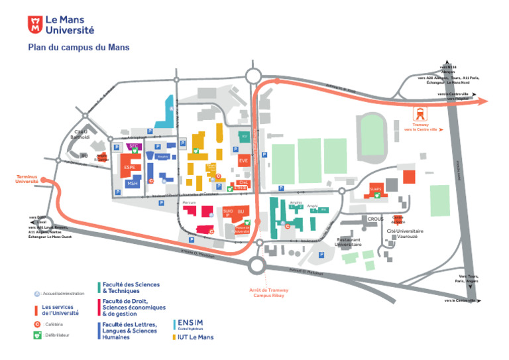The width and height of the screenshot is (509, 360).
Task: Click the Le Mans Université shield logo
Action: click(34, 25)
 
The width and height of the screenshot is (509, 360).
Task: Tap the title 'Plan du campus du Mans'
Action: click(78, 47)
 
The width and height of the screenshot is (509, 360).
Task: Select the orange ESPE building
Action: click(129, 166)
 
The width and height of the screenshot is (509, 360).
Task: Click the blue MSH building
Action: click(133, 184)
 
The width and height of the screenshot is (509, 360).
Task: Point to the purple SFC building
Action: click(133, 145)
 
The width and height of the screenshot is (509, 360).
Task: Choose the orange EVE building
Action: click(243, 160)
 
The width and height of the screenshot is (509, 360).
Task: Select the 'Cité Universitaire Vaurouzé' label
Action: click(405, 234)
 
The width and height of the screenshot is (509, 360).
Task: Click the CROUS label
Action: click(375, 218)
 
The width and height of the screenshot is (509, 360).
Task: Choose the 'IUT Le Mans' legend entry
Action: click(194, 337)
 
